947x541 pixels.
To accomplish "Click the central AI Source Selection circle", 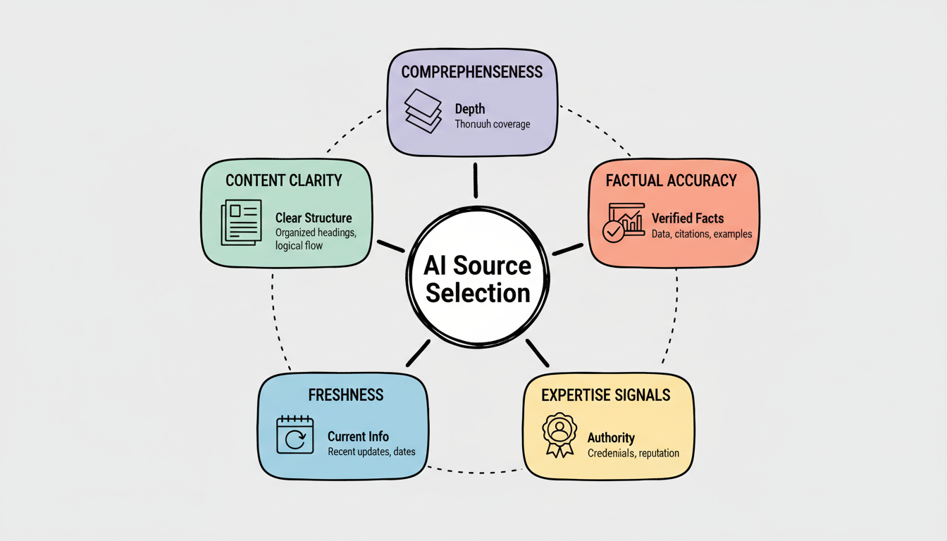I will click(x=477, y=279).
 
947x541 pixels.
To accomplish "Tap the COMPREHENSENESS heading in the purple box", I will click(x=471, y=72).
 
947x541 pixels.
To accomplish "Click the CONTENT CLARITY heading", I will click(x=284, y=180).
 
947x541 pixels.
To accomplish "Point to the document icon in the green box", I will click(x=241, y=223).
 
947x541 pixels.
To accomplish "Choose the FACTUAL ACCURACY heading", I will click(x=671, y=180).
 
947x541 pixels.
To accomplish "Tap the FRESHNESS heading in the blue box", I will click(x=346, y=394).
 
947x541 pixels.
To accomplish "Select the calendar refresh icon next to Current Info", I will click(x=295, y=435).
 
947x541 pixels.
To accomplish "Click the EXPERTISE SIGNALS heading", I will click(x=605, y=394).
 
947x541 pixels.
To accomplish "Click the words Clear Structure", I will click(x=314, y=218).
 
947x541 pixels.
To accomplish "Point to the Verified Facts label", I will click(x=688, y=218).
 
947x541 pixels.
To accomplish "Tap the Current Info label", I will click(x=358, y=436).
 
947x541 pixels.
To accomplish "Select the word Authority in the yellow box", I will click(x=611, y=437).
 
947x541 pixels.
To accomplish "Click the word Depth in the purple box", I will click(x=470, y=109).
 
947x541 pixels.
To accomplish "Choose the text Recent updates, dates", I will click(x=371, y=452).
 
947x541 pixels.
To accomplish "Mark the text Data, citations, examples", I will click(x=702, y=234).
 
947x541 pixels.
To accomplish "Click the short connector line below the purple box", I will click(x=476, y=180).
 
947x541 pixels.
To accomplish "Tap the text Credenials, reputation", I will click(x=633, y=453).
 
